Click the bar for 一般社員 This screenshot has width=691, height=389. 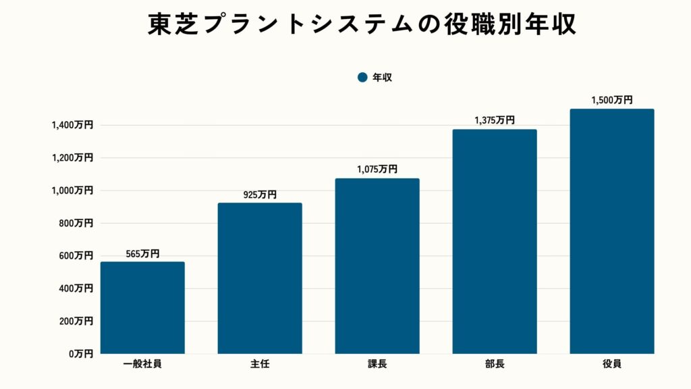point(142,307)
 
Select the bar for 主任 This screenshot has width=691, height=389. point(260,278)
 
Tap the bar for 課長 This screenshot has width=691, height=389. point(377,266)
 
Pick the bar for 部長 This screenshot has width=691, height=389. point(495,241)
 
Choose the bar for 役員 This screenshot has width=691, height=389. point(611,231)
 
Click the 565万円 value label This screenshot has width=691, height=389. point(142,254)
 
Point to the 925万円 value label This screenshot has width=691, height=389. point(260,195)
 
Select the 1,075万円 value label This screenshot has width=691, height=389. point(377,170)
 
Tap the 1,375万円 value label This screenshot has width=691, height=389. point(495,121)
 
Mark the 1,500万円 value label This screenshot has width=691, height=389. point(611,100)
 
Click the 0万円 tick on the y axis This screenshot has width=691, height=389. point(80,353)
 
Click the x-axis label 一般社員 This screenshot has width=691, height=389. point(142,365)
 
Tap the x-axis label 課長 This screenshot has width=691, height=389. point(377,365)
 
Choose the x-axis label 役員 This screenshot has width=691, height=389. point(611,365)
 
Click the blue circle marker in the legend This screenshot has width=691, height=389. point(362,78)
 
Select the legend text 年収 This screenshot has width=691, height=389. point(383,78)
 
